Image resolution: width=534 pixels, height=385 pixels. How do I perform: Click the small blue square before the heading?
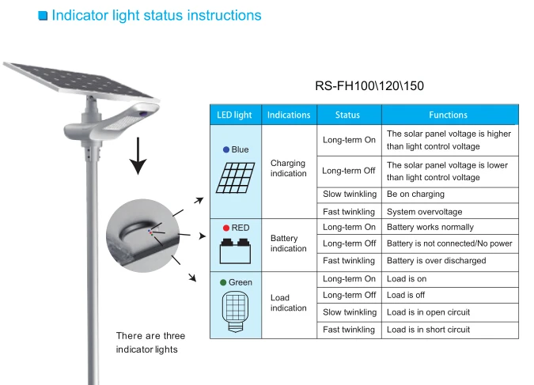click(43, 16)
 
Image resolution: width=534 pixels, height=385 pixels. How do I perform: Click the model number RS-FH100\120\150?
click(364, 86)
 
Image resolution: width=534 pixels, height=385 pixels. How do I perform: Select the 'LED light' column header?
click(234, 115)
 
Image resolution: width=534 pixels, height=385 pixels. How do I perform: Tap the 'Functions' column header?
click(448, 115)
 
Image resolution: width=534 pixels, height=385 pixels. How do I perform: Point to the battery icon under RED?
click(234, 251)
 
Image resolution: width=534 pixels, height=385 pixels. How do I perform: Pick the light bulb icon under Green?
click(234, 310)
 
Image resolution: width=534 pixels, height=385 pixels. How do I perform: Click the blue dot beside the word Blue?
click(226, 149)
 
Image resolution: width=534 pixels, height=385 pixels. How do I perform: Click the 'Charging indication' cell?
click(288, 168)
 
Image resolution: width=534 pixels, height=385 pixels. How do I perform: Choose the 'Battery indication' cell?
click(288, 243)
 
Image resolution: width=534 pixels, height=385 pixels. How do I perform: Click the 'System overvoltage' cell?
click(424, 211)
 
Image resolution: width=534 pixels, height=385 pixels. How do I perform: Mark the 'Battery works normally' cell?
click(430, 227)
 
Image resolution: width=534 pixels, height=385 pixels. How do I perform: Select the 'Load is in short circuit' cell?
click(428, 330)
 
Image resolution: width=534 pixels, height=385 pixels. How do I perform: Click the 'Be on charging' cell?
click(415, 194)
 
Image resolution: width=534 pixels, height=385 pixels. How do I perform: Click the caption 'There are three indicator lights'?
click(150, 342)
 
